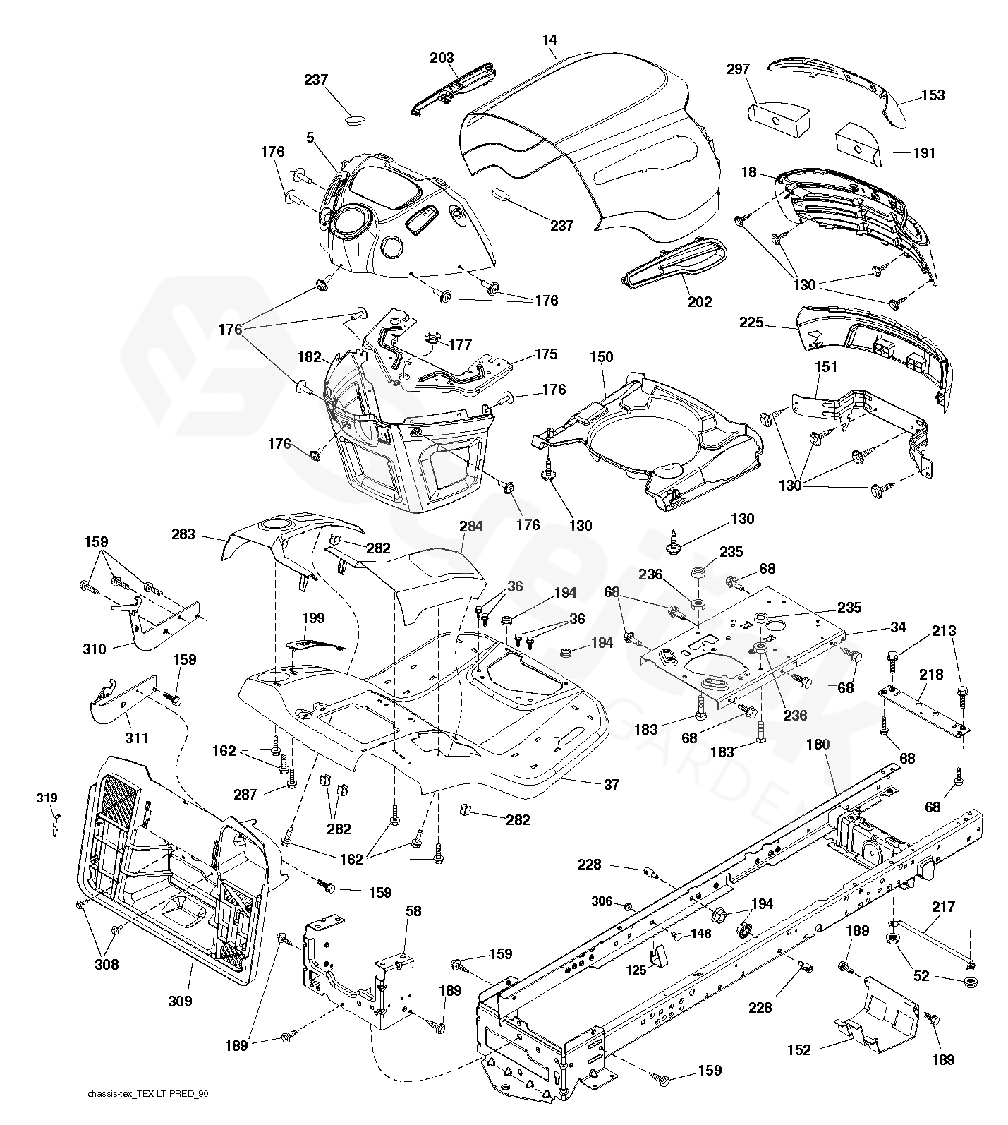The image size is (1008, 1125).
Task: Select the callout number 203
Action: click(442, 58)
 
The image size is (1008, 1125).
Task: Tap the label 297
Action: click(738, 69)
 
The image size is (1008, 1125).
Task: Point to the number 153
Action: click(933, 95)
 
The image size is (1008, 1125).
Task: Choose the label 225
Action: click(751, 323)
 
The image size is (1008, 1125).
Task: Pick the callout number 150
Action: click(601, 357)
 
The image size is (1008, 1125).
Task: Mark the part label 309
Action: click(179, 1001)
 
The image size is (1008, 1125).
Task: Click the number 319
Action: click(47, 798)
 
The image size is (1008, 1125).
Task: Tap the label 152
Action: click(799, 1050)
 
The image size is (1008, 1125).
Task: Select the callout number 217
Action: click(943, 907)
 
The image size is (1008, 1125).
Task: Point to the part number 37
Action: click(611, 784)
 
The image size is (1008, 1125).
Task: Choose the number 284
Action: click(471, 527)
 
